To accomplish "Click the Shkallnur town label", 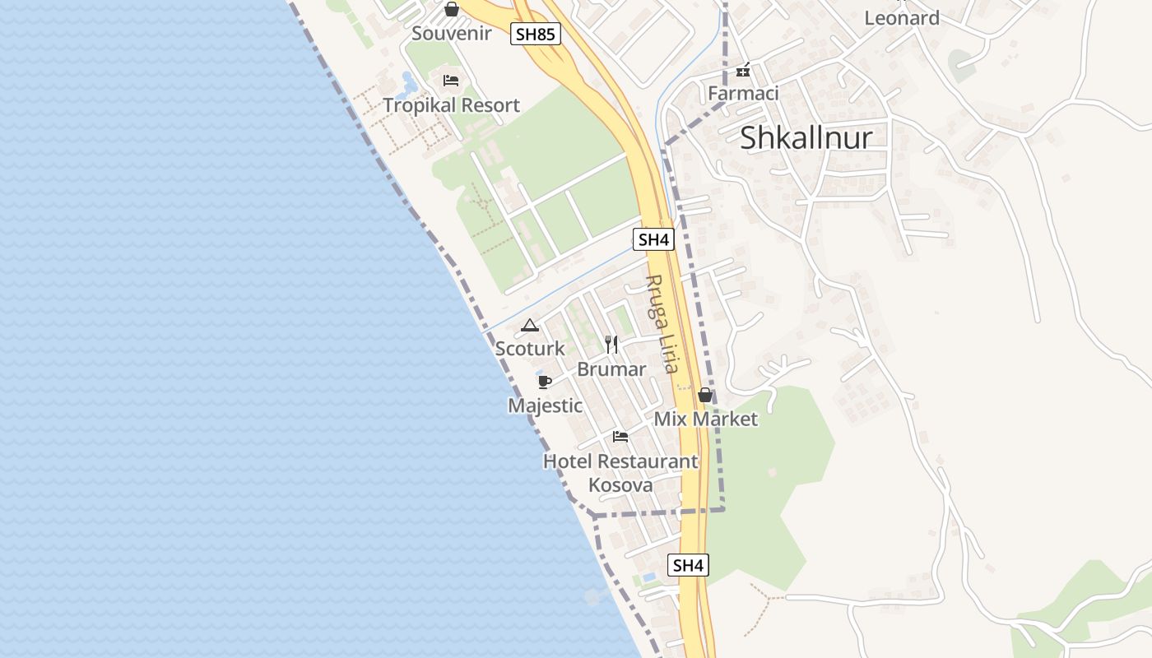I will pos(806,138).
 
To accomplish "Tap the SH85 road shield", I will pos(535,35).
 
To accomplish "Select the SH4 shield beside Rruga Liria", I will pos(653,240).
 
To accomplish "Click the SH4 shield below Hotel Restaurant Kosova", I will pos(688,566).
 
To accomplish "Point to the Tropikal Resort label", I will pos(452,105).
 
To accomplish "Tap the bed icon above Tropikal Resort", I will pos(451,81).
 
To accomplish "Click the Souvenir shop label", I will pos(452,34).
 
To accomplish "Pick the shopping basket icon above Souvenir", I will pos(451,10).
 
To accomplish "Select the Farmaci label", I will pos(743,94).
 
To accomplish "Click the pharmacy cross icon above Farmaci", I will pos(743,71).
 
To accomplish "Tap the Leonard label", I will pos(902,18).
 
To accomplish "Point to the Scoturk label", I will pos(530,349).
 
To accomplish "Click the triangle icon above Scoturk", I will pos(529,326).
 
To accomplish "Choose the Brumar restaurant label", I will pos(611,369).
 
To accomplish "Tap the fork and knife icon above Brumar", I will pos(611,344).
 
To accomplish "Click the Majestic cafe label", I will pos(545,405).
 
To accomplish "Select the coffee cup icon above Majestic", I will pos(544,382).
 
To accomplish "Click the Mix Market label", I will pos(705,419).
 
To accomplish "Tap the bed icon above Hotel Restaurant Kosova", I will pos(620,437).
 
